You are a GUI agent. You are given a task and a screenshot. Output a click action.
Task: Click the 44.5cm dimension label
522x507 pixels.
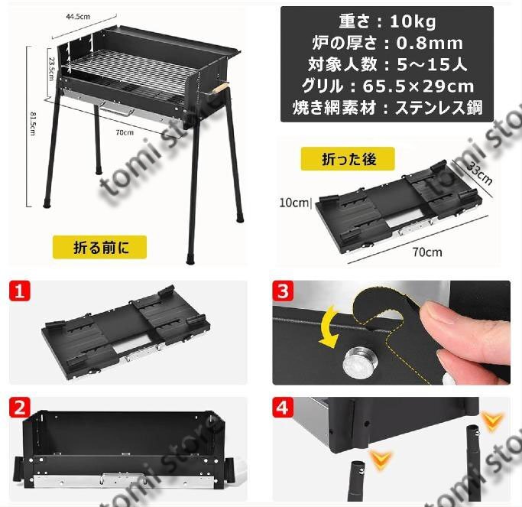coord(78,16)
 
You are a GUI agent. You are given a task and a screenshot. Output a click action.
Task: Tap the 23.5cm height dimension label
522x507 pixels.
coord(52,69)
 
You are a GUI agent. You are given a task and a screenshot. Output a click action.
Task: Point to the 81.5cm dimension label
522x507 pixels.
coord(34,124)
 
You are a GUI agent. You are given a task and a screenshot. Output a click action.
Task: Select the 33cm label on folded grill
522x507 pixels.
coord(479,174)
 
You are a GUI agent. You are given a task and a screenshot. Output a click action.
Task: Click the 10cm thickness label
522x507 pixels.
coord(294,203)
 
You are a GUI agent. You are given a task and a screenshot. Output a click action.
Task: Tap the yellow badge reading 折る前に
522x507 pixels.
coord(99,247)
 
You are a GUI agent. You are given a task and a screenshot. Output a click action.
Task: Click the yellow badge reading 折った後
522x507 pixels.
coord(348,159)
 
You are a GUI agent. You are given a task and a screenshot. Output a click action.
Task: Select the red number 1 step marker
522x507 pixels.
coord(19,291)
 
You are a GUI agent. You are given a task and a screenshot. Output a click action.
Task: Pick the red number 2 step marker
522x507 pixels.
coord(19,407)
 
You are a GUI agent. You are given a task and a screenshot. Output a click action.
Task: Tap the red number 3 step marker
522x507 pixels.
coord(283,291)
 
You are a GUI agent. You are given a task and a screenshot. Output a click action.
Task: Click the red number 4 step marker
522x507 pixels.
coord(283,407)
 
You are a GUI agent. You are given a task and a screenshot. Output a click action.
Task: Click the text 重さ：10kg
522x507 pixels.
coord(387,21)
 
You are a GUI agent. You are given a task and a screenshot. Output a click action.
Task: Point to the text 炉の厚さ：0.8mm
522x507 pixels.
coord(387,43)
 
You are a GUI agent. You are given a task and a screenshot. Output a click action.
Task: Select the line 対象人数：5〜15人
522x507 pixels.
coord(387,64)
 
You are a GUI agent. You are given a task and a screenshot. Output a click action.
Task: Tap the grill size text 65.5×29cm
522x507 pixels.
coord(418,86)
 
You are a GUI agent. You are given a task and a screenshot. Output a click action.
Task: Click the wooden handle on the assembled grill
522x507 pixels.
coord(220,88)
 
